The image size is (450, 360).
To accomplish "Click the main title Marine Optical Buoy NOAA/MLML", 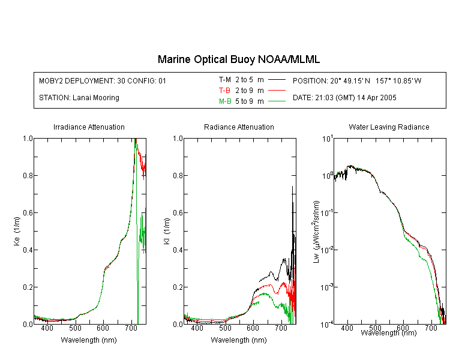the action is click(x=238, y=59).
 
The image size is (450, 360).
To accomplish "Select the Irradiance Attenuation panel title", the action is click(x=89, y=127).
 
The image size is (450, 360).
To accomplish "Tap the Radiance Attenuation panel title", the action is click(x=239, y=127).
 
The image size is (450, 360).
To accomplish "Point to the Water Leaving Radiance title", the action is click(x=389, y=127).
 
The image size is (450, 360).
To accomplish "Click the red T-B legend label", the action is click(x=224, y=91).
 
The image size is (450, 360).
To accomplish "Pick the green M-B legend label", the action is click(x=225, y=101).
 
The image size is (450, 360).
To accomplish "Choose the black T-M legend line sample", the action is click(x=277, y=80).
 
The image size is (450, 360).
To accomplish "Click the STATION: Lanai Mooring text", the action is click(x=79, y=98).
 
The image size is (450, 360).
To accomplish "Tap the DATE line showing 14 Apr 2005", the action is click(x=344, y=98).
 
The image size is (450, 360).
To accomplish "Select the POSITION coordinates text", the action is click(x=357, y=80).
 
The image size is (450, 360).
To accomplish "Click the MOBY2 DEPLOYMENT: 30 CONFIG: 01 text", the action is click(x=103, y=80).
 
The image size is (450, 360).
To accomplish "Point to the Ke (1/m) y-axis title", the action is click(x=17, y=231).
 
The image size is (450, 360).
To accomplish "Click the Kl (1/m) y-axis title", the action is click(x=167, y=231).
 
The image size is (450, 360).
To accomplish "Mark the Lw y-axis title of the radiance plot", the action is click(x=316, y=232).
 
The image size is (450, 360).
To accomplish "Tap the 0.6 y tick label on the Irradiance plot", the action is click(x=28, y=213).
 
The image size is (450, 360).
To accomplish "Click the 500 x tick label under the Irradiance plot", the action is click(x=75, y=328).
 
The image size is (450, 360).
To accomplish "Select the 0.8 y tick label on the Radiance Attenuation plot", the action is click(x=178, y=175).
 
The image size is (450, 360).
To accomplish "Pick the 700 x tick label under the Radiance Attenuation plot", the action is click(x=281, y=328).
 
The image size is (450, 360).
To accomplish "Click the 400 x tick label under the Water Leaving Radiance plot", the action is click(x=347, y=328).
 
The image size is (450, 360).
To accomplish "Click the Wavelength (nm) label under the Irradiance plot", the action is click(x=89, y=340).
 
